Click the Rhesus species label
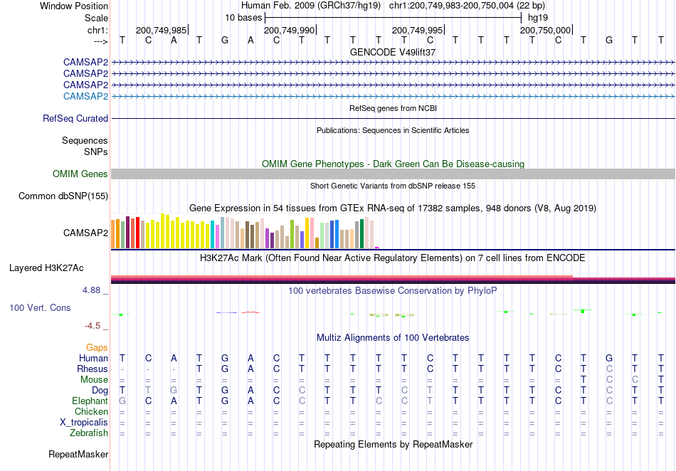pos(93,369)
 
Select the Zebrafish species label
pos(89,433)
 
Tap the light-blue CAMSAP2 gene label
pos(86,96)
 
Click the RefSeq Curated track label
pos(75,118)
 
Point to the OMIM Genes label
pos(80,174)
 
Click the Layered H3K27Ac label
pos(46,268)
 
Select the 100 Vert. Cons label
pos(40,307)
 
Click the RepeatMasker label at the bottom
pos(78,454)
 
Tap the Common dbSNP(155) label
pos(63,196)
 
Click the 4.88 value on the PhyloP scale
pos(91,290)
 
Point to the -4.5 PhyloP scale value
pos(93,326)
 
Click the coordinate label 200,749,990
pos(290,30)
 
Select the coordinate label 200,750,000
pos(545,30)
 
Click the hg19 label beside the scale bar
pos(538,18)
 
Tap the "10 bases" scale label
pos(243,18)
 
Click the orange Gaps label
pos(97,347)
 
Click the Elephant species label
pos(90,401)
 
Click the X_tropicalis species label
pos(84,423)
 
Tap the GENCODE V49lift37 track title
pos(393,52)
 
